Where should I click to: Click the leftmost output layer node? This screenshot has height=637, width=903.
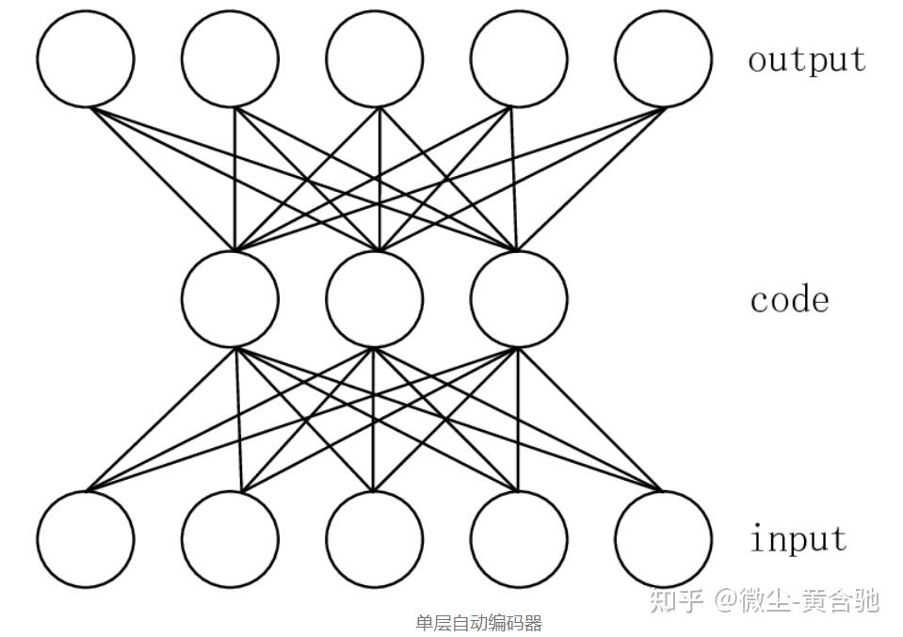coord(86,58)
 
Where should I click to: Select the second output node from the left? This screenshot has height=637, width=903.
coord(230,58)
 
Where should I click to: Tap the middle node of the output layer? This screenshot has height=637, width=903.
coord(375,58)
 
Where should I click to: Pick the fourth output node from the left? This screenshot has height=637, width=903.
coord(519,58)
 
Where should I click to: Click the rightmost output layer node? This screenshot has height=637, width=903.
coord(663,58)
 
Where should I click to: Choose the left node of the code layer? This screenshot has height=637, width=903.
coord(230,298)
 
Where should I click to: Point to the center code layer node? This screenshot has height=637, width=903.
coord(375,298)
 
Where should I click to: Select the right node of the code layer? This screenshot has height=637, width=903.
coord(519,298)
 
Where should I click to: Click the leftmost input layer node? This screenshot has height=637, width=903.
coord(86,539)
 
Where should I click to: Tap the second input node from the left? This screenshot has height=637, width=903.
coord(230,539)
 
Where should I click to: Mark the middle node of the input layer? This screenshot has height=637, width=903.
coord(375,539)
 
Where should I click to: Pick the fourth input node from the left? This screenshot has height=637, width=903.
coord(519,539)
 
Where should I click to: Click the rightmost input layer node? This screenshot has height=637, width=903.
coord(663,539)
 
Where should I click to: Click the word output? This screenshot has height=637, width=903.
coord(806,59)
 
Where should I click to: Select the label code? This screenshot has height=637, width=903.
coord(789,300)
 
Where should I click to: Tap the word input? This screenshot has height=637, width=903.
coord(798,539)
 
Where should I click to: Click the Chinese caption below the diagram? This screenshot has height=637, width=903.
coord(478,623)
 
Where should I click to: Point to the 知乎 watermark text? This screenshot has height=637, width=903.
coord(677,599)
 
